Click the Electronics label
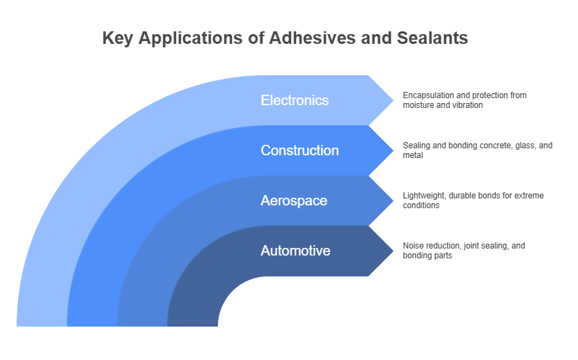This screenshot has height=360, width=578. click(x=295, y=100)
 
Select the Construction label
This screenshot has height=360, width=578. click(x=299, y=150)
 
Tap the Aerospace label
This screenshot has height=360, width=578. click(x=294, y=201)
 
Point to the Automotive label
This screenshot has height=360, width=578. click(x=295, y=251)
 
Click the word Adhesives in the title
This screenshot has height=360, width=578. click(x=312, y=38)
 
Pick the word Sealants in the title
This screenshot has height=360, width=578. click(x=432, y=38)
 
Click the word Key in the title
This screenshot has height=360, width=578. click(x=118, y=39)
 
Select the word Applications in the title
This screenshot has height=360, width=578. click(x=190, y=39)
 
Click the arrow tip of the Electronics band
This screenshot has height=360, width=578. click(x=393, y=100)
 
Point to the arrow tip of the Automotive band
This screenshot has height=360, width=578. click(x=393, y=251)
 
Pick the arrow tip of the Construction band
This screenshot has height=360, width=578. click(x=393, y=150)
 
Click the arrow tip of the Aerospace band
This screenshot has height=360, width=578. click(x=393, y=201)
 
